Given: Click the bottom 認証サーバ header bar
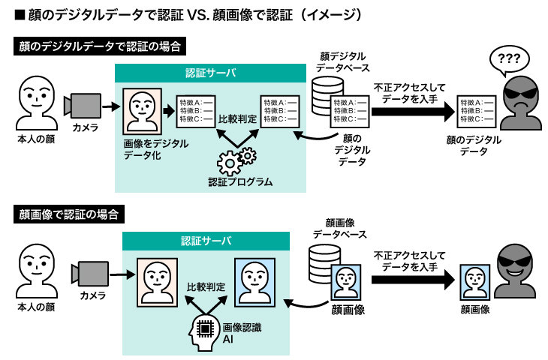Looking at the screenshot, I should coord(206,241).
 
